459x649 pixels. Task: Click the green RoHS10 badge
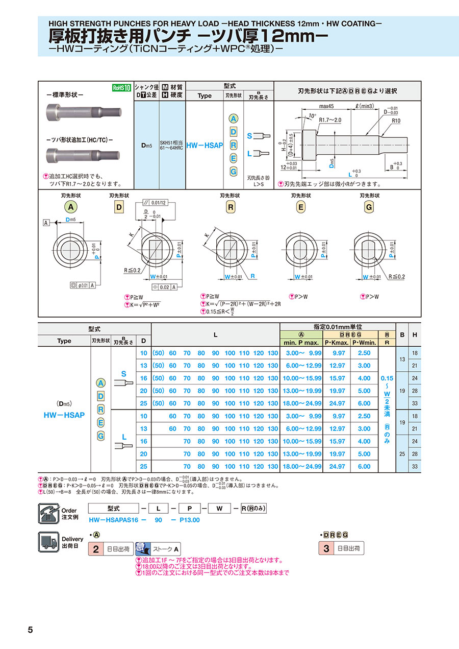(122, 87)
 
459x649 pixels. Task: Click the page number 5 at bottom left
(30, 630)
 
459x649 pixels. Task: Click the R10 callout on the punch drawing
(396, 122)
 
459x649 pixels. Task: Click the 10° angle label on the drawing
(312, 116)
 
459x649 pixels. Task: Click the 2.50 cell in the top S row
(364, 353)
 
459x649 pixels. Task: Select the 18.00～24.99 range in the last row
(302, 466)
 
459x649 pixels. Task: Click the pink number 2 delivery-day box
(95, 549)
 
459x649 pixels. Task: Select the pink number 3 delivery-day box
(325, 549)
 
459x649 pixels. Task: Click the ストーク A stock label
(166, 549)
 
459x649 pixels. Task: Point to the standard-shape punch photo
(85, 110)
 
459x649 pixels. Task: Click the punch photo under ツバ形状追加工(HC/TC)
(84, 153)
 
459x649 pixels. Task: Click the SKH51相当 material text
(172, 142)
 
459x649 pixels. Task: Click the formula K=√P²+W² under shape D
(147, 305)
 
